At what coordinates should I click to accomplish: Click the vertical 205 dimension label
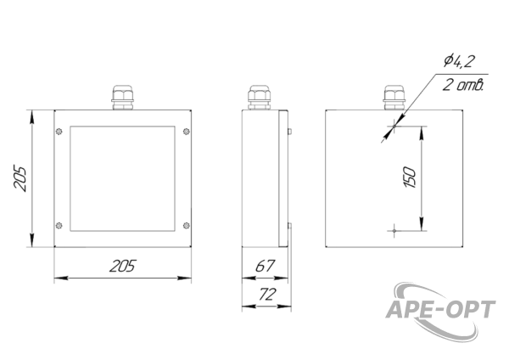click(20, 178)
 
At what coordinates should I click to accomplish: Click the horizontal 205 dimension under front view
click(122, 266)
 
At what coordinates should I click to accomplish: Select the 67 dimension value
click(265, 266)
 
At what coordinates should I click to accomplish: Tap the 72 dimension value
click(267, 295)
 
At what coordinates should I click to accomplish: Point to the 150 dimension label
click(410, 177)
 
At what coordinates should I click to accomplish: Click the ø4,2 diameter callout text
click(459, 61)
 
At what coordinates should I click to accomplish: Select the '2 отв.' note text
click(463, 85)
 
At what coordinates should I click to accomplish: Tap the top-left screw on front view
click(59, 132)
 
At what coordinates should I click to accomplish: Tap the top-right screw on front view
click(187, 132)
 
